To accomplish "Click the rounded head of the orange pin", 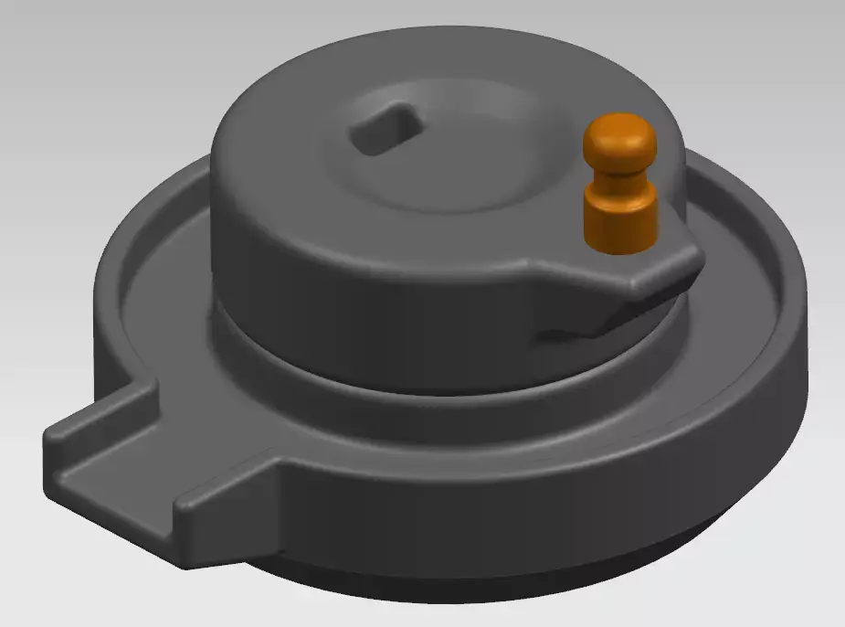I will point(621,137).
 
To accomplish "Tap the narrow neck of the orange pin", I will point(621,172).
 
